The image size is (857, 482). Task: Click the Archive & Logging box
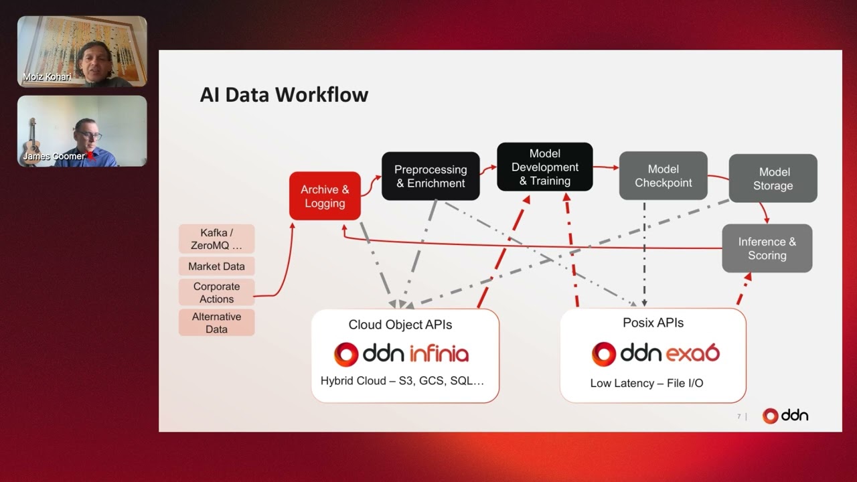pyautogui.click(x=325, y=196)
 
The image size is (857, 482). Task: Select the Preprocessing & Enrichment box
pyautogui.click(x=431, y=176)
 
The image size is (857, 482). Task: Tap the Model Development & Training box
pyautogui.click(x=545, y=167)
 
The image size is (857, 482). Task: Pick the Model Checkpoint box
pyautogui.click(x=663, y=175)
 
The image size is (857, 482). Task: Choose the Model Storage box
pyautogui.click(x=773, y=179)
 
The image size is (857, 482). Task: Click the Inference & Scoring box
pyautogui.click(x=767, y=248)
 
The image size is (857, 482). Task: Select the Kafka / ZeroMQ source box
pyautogui.click(x=216, y=239)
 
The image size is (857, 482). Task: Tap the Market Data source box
pyautogui.click(x=216, y=266)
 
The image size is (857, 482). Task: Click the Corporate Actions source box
pyautogui.click(x=216, y=293)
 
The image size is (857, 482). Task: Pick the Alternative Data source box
pyautogui.click(x=216, y=323)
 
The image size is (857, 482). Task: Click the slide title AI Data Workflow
pyautogui.click(x=284, y=94)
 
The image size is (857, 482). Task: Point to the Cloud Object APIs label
pyautogui.click(x=400, y=325)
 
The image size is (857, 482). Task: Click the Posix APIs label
pyautogui.click(x=653, y=323)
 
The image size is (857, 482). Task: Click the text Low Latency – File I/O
pyautogui.click(x=647, y=384)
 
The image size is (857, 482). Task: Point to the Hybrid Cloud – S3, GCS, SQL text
pyautogui.click(x=402, y=381)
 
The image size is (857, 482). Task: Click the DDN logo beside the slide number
pyautogui.click(x=785, y=416)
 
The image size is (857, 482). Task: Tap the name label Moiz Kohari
pyautogui.click(x=47, y=77)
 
